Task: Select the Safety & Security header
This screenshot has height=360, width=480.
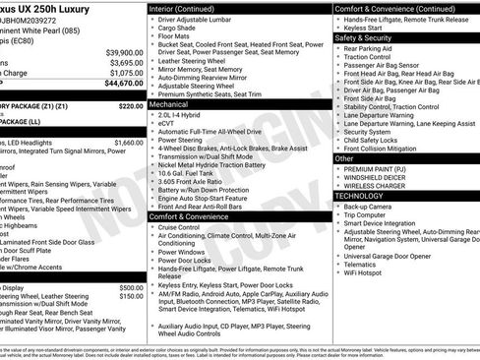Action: [x=364, y=37]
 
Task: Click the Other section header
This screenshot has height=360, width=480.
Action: [x=344, y=158]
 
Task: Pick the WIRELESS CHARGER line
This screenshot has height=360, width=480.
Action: [x=375, y=185]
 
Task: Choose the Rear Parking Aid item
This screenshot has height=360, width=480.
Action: [x=368, y=48]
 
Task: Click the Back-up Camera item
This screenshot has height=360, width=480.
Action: [x=368, y=207]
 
